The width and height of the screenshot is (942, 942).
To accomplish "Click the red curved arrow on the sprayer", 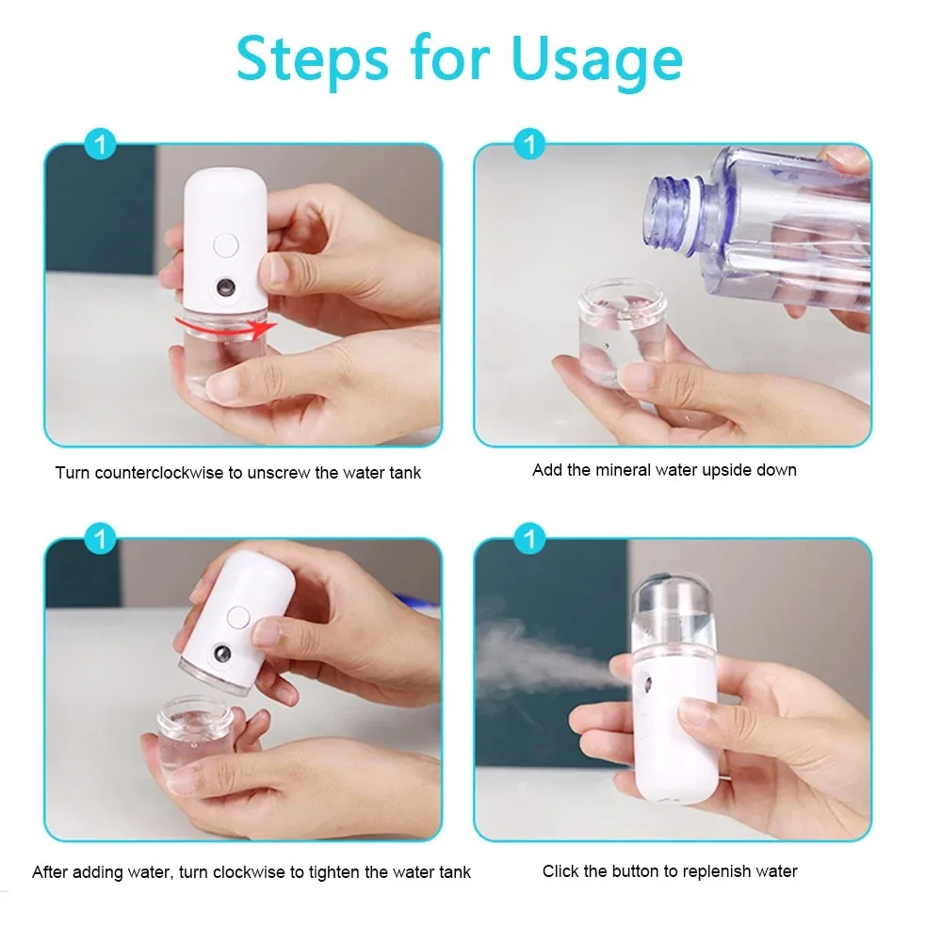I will tap(226, 327).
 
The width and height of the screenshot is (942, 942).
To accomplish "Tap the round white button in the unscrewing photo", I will tap(226, 246).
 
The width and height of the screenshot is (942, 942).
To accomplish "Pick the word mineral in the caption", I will tap(624, 470).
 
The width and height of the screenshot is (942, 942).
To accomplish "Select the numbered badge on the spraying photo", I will tap(530, 540).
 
